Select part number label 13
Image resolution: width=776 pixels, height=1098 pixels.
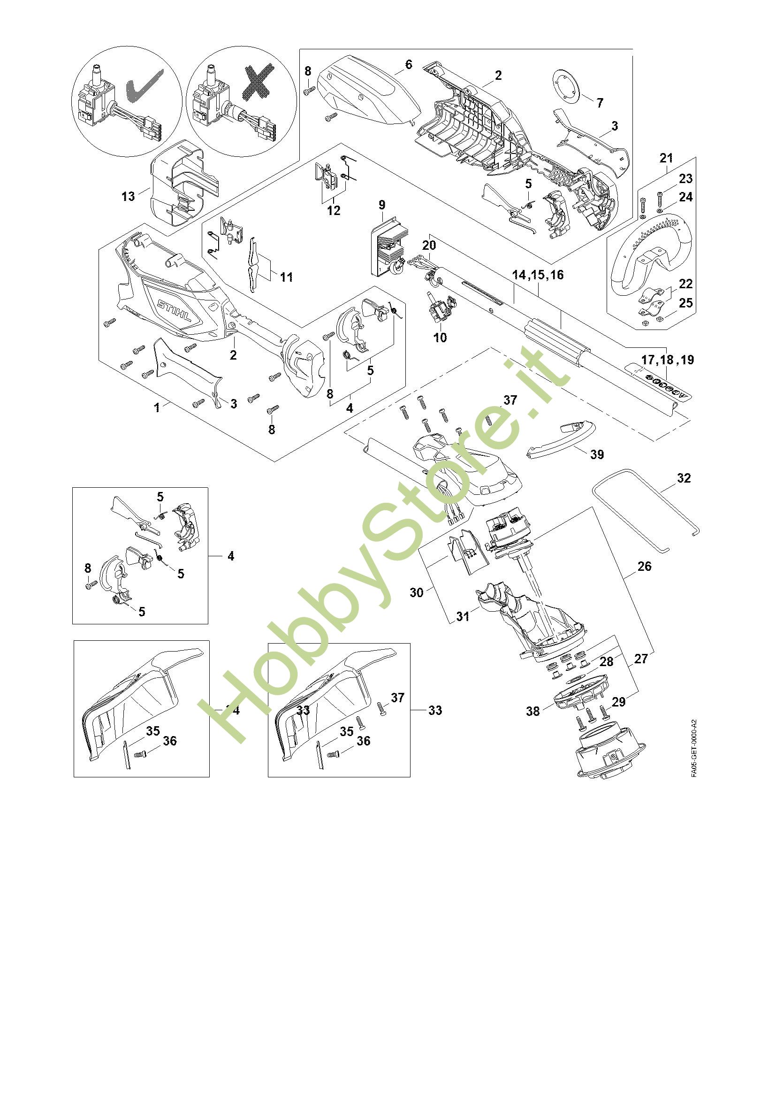coord(128,196)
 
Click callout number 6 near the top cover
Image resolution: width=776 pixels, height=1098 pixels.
coord(408,65)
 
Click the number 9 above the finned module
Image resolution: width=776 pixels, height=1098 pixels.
coord(382,205)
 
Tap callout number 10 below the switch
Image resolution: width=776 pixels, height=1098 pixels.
coord(440,338)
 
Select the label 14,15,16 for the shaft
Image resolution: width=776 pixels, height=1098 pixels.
coord(538,275)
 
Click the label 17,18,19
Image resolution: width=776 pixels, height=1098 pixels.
coord(668,360)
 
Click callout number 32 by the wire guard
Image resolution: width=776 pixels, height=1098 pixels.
coord(684,478)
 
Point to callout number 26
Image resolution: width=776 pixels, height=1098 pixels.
coord(644,567)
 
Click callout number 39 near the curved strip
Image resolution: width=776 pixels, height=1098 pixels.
coord(597,454)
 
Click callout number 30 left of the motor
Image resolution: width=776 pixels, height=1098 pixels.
coord(417,592)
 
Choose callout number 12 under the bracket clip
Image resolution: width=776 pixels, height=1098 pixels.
coord(334,210)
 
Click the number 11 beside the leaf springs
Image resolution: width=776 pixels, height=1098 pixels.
coord(286,277)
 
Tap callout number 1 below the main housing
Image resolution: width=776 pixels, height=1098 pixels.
coord(157,408)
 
